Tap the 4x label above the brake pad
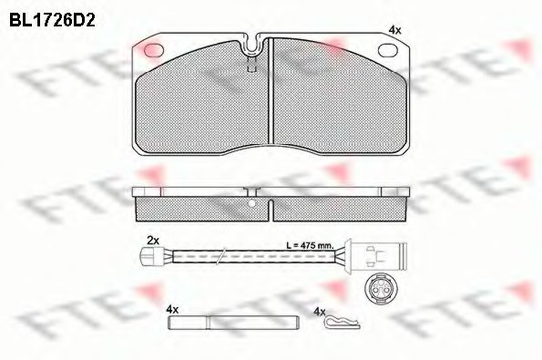tap(394, 30)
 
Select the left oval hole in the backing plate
tap(153, 49)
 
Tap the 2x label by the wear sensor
tap(153, 240)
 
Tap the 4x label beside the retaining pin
tap(171, 310)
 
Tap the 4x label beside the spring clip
tap(318, 311)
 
